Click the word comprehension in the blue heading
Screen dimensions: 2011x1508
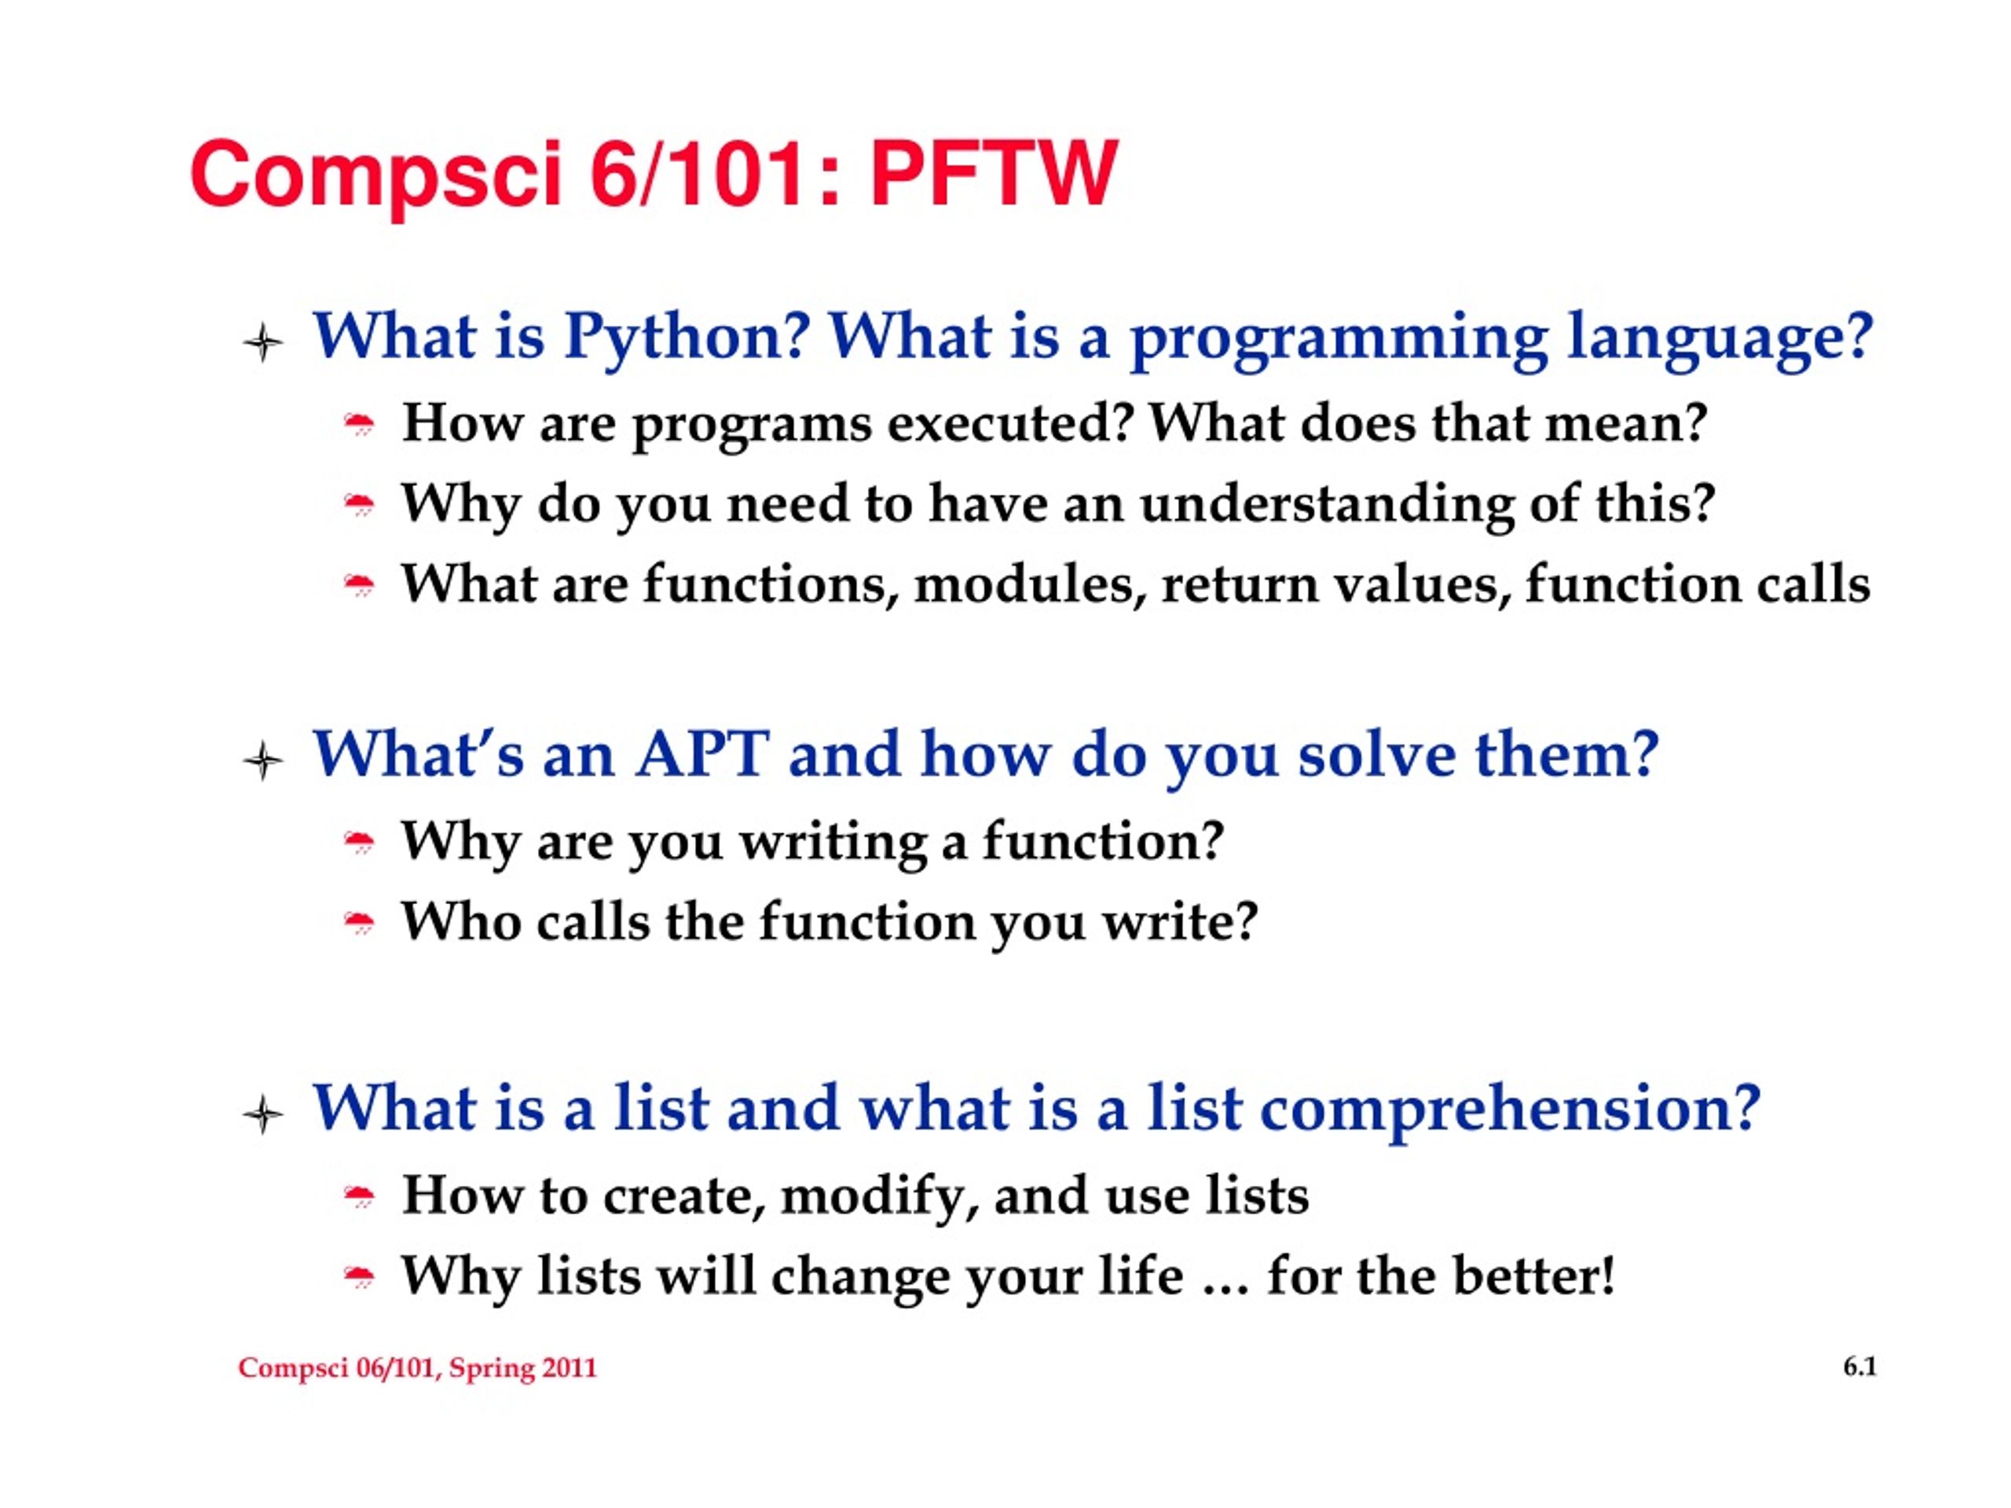1510,1111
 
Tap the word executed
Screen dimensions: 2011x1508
1011,423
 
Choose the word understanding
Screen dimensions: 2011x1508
1327,505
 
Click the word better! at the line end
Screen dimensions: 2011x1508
1533,1276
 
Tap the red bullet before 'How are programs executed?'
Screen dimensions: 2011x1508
360,424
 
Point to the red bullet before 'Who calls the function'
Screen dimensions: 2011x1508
360,924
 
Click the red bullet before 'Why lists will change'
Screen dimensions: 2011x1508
360,1278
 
